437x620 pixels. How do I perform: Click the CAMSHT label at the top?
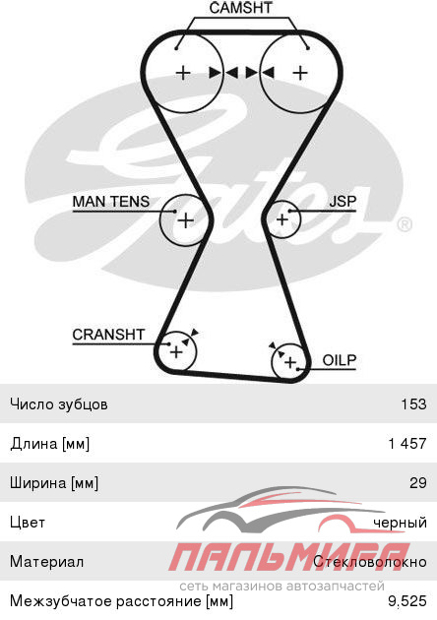click(x=240, y=8)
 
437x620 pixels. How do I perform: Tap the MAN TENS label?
click(x=111, y=202)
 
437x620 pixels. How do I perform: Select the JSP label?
click(x=343, y=202)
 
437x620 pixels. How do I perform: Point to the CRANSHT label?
click(x=108, y=335)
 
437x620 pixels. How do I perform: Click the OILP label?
click(x=340, y=360)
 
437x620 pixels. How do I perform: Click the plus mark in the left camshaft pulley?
click(x=183, y=73)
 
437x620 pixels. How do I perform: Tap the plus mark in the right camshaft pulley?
click(x=300, y=73)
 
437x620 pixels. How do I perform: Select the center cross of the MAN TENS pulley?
click(x=185, y=220)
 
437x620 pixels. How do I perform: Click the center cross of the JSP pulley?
click(x=281, y=219)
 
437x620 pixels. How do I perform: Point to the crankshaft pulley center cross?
click(x=176, y=351)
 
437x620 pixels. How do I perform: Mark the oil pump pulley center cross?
click(x=290, y=362)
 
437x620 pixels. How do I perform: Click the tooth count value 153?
click(x=413, y=404)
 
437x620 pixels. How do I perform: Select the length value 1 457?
click(x=407, y=443)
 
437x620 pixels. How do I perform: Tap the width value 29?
click(x=418, y=482)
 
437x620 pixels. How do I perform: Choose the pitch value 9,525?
click(x=407, y=601)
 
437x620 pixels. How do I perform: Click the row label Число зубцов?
click(x=59, y=404)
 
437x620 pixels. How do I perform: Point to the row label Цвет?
click(x=28, y=523)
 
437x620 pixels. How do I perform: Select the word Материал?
click(x=46, y=562)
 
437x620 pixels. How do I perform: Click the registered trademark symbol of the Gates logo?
click(x=405, y=224)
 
